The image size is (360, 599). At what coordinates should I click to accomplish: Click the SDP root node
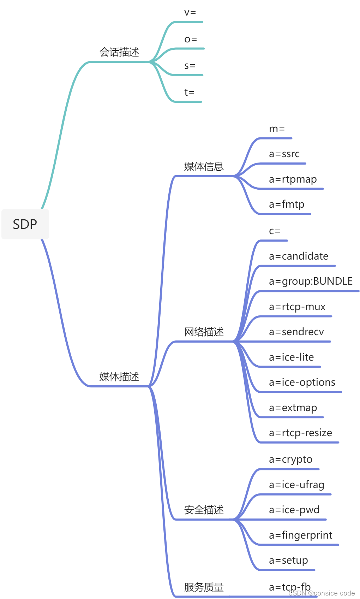[x=25, y=224]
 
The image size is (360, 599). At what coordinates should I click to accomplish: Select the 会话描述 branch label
[x=119, y=52]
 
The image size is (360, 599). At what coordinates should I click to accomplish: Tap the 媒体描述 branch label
[x=119, y=376]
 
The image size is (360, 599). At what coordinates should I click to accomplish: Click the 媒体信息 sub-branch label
[x=204, y=166]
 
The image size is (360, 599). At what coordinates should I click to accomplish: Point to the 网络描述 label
[x=204, y=332]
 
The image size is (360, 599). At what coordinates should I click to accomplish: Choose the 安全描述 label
[x=204, y=510]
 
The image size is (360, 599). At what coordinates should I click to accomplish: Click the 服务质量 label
[x=204, y=587]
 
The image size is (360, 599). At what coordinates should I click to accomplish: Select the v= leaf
[x=190, y=13]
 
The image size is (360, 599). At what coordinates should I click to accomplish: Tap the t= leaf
[x=189, y=93]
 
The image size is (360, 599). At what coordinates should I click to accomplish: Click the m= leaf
[x=277, y=129]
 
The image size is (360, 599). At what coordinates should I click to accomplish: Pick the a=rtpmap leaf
[x=293, y=179]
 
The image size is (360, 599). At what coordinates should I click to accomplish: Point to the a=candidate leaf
[x=298, y=256]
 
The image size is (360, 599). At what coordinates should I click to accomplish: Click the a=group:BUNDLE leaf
[x=311, y=281]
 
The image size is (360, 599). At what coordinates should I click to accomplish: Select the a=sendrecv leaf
[x=296, y=332]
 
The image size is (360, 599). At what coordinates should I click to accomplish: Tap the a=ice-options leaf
[x=302, y=382]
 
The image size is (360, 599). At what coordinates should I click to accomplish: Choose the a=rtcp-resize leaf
[x=300, y=433]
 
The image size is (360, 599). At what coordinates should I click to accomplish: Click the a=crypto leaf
[x=290, y=459]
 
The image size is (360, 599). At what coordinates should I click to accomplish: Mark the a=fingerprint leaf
[x=300, y=535]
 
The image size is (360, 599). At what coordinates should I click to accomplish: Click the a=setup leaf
[x=288, y=561]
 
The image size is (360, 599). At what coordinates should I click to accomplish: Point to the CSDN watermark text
[x=321, y=593]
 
